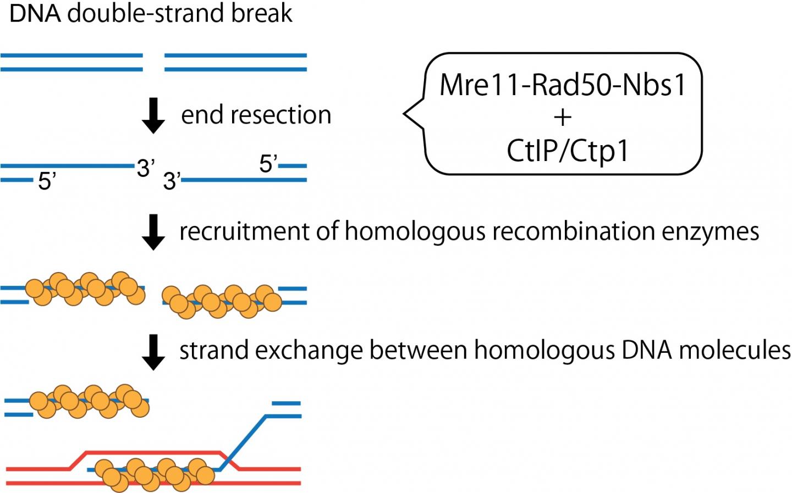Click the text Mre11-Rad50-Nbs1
click(x=563, y=85)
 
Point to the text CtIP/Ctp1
click(x=567, y=151)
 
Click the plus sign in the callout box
click(x=563, y=117)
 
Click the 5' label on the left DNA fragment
click(x=47, y=181)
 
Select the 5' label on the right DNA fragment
click(x=268, y=164)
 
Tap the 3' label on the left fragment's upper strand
click(x=146, y=168)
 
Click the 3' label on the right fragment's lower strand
click(x=172, y=180)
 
